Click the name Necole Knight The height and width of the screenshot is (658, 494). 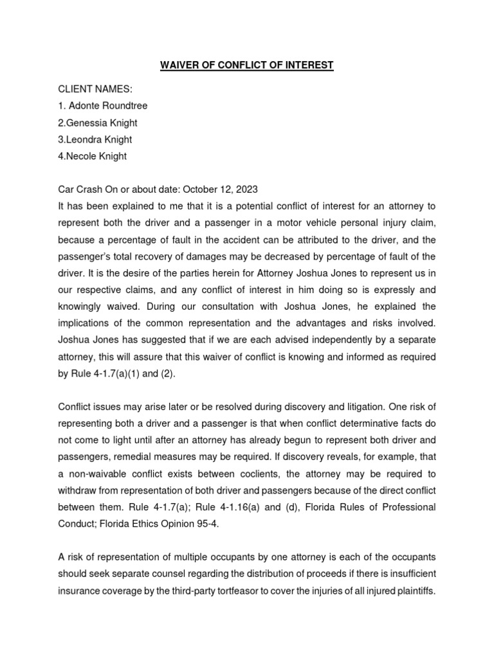click(x=97, y=156)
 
